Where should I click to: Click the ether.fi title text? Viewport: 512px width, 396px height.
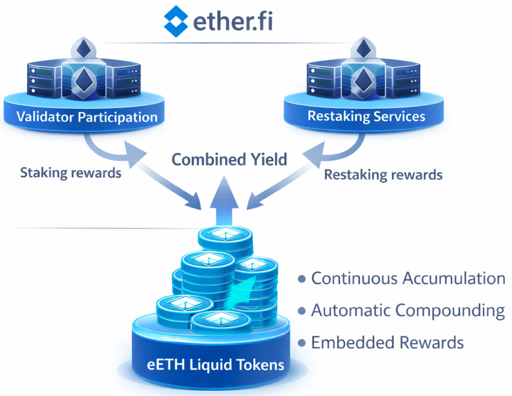pyautogui.click(x=232, y=20)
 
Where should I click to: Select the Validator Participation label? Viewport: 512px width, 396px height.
pyautogui.click(x=87, y=118)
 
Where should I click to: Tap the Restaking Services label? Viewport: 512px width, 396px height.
pyautogui.click(x=367, y=116)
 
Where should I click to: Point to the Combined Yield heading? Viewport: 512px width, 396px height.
pyautogui.click(x=229, y=159)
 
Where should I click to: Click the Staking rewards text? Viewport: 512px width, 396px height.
pyautogui.click(x=71, y=173)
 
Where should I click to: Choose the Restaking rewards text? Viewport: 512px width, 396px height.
pyautogui.click(x=383, y=175)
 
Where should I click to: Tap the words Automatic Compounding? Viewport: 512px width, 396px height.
pyautogui.click(x=408, y=310)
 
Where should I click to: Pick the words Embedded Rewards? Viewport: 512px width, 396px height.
pyautogui.click(x=387, y=342)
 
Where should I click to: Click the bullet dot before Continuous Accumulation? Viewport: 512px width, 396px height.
pyautogui.click(x=302, y=279)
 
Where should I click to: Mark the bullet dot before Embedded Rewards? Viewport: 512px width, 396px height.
pyautogui.click(x=302, y=342)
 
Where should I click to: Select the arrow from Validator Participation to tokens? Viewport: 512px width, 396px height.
pyautogui.click(x=145, y=167)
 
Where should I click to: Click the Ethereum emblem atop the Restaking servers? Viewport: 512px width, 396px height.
pyautogui.click(x=363, y=49)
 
